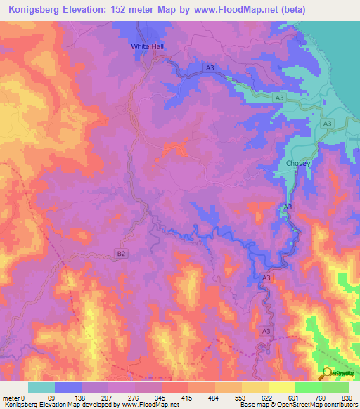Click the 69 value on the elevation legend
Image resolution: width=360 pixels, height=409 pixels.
tap(51, 398)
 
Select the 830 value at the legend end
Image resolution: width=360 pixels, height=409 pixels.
tap(346, 398)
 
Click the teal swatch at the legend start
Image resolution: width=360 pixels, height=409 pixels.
tap(41, 387)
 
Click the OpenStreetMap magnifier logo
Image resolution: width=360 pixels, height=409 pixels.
tap(328, 374)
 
